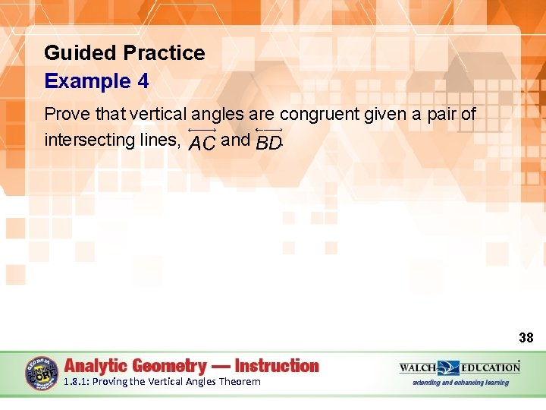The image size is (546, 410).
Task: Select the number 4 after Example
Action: (x=143, y=81)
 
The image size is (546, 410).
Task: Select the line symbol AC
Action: (x=202, y=140)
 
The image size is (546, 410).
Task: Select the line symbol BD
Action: (x=268, y=140)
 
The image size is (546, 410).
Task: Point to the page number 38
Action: (x=526, y=338)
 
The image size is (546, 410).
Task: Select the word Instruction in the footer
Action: (x=277, y=366)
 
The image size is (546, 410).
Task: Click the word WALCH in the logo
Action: (x=418, y=367)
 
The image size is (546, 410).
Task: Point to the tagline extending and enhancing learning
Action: (x=460, y=383)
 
